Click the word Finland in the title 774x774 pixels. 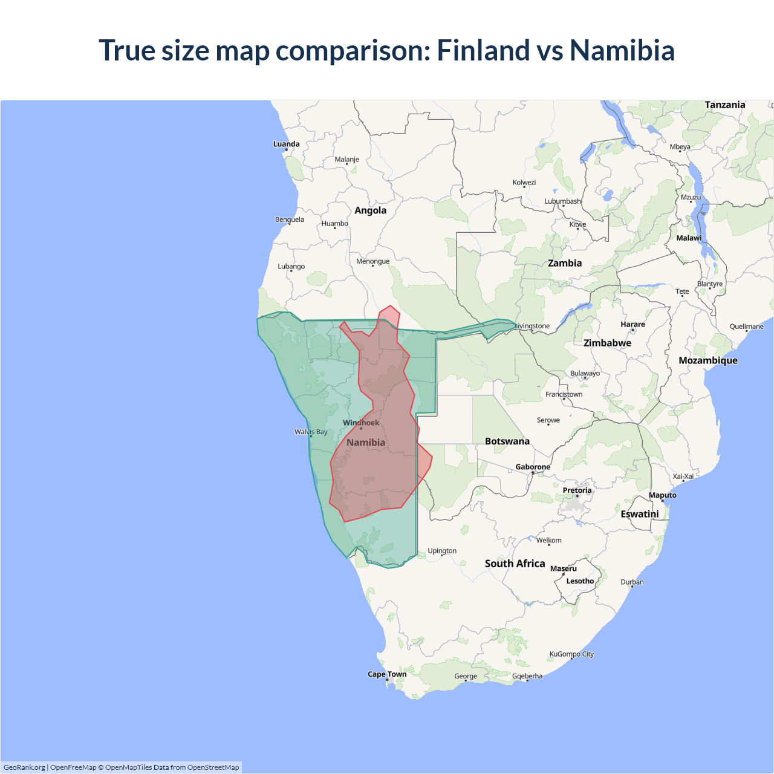click(x=482, y=50)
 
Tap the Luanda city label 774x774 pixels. click(x=286, y=144)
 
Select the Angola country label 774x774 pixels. click(x=370, y=210)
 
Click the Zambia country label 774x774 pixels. click(x=564, y=263)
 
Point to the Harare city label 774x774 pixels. click(x=633, y=325)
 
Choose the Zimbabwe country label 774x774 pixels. click(x=607, y=343)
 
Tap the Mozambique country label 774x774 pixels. click(x=707, y=360)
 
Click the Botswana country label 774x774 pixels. click(x=507, y=441)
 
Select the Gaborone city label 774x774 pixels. click(x=533, y=467)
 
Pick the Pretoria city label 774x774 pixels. click(x=577, y=490)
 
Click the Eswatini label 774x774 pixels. click(x=639, y=514)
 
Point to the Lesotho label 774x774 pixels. click(x=580, y=581)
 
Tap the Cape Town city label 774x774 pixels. click(x=387, y=674)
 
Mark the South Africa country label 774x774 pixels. click(x=515, y=564)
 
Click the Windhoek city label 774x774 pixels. click(x=361, y=423)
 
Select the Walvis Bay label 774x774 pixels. click(x=311, y=432)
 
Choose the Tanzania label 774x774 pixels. click(x=724, y=105)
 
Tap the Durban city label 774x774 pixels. click(x=632, y=582)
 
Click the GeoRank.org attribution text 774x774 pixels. click(x=24, y=767)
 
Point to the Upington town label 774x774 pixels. click(x=442, y=551)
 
